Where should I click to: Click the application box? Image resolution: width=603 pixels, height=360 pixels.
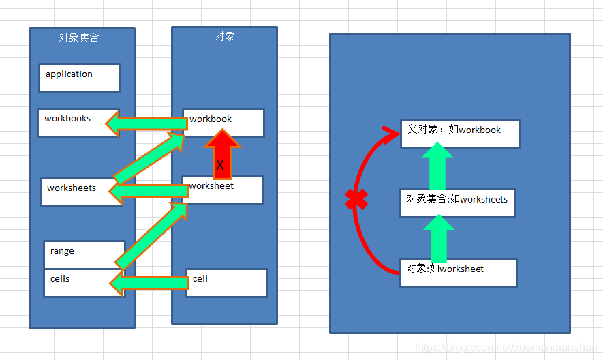coord(80,78)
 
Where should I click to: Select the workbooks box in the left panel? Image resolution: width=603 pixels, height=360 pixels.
coord(78,122)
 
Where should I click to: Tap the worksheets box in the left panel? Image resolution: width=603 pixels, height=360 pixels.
coord(80,192)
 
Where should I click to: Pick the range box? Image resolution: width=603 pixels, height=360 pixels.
coord(84,254)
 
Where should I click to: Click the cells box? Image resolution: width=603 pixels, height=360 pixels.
coord(75,283)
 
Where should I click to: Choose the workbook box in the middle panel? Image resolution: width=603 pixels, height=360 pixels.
coord(223,123)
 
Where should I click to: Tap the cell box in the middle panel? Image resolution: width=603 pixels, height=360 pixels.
coord(226,282)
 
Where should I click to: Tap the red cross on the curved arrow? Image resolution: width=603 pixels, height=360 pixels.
coord(356,199)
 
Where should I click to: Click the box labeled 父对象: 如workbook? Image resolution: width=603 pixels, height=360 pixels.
coord(461,134)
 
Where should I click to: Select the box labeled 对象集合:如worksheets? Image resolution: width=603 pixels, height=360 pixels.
coord(457,203)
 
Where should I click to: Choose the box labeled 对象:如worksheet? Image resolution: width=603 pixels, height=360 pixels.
coord(458,272)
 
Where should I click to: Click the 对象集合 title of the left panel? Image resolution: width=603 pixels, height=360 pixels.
coord(79,38)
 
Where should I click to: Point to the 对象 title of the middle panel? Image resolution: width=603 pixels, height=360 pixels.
coord(225,36)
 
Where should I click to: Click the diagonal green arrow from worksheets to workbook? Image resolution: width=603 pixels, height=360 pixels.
coord(150,159)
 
